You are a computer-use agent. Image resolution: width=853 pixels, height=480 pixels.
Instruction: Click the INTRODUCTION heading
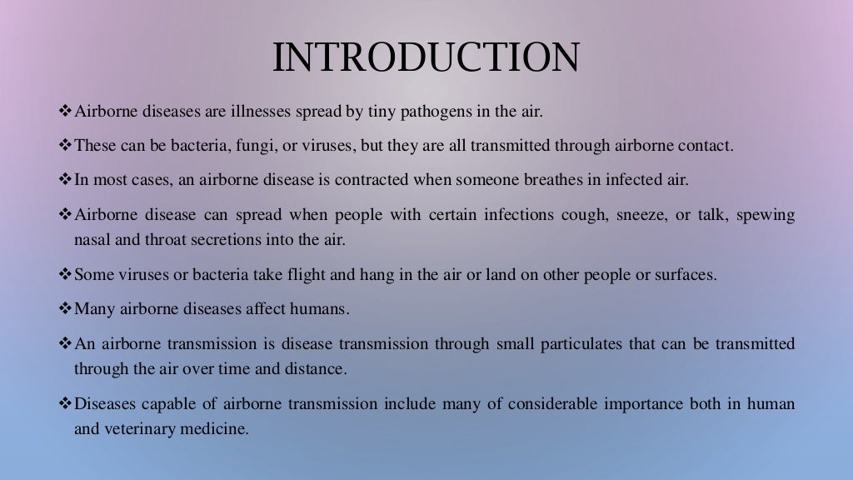click(x=426, y=58)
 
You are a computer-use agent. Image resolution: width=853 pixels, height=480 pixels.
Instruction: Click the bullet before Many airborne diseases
click(x=66, y=309)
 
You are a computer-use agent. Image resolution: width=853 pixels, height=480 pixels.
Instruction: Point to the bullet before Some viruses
click(x=66, y=275)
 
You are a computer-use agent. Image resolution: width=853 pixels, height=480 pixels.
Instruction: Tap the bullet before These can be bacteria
click(x=66, y=145)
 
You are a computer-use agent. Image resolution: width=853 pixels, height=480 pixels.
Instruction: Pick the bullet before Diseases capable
click(x=66, y=405)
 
